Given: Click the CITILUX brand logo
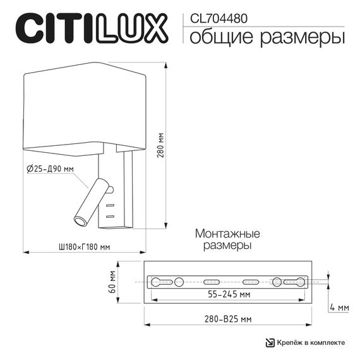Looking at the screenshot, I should [91, 28].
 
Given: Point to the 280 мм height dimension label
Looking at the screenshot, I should [161, 145].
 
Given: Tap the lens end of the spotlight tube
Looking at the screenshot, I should [81, 220].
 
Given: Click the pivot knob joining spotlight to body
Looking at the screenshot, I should [110, 189].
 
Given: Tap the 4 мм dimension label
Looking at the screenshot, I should [340, 308].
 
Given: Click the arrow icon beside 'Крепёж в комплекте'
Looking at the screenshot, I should [269, 342].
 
